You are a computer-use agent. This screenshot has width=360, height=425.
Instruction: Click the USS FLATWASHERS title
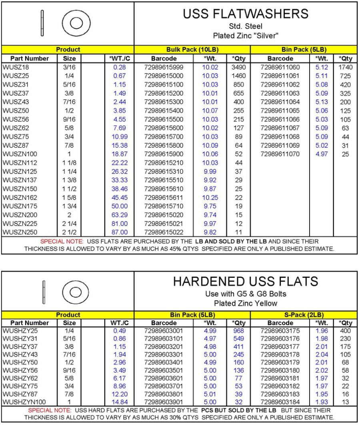click(x=246, y=14)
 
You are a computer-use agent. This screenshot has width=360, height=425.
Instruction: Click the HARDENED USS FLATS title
click(x=246, y=281)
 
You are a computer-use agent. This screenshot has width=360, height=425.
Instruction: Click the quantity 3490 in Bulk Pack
click(x=238, y=67)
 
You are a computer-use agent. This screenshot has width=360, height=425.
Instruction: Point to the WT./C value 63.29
click(x=120, y=215)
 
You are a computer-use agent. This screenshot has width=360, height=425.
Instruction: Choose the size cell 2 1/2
click(x=69, y=232)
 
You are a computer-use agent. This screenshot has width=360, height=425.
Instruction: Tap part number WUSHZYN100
click(x=24, y=402)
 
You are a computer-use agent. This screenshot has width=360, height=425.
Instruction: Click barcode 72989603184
click(x=280, y=402)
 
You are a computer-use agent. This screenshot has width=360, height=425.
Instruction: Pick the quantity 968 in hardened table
click(x=238, y=331)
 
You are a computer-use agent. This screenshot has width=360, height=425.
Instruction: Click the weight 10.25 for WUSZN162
click(x=210, y=198)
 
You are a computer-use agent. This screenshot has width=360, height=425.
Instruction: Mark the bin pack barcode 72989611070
click(x=280, y=154)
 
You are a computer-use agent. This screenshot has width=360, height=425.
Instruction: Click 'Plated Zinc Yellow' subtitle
click(x=246, y=303)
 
